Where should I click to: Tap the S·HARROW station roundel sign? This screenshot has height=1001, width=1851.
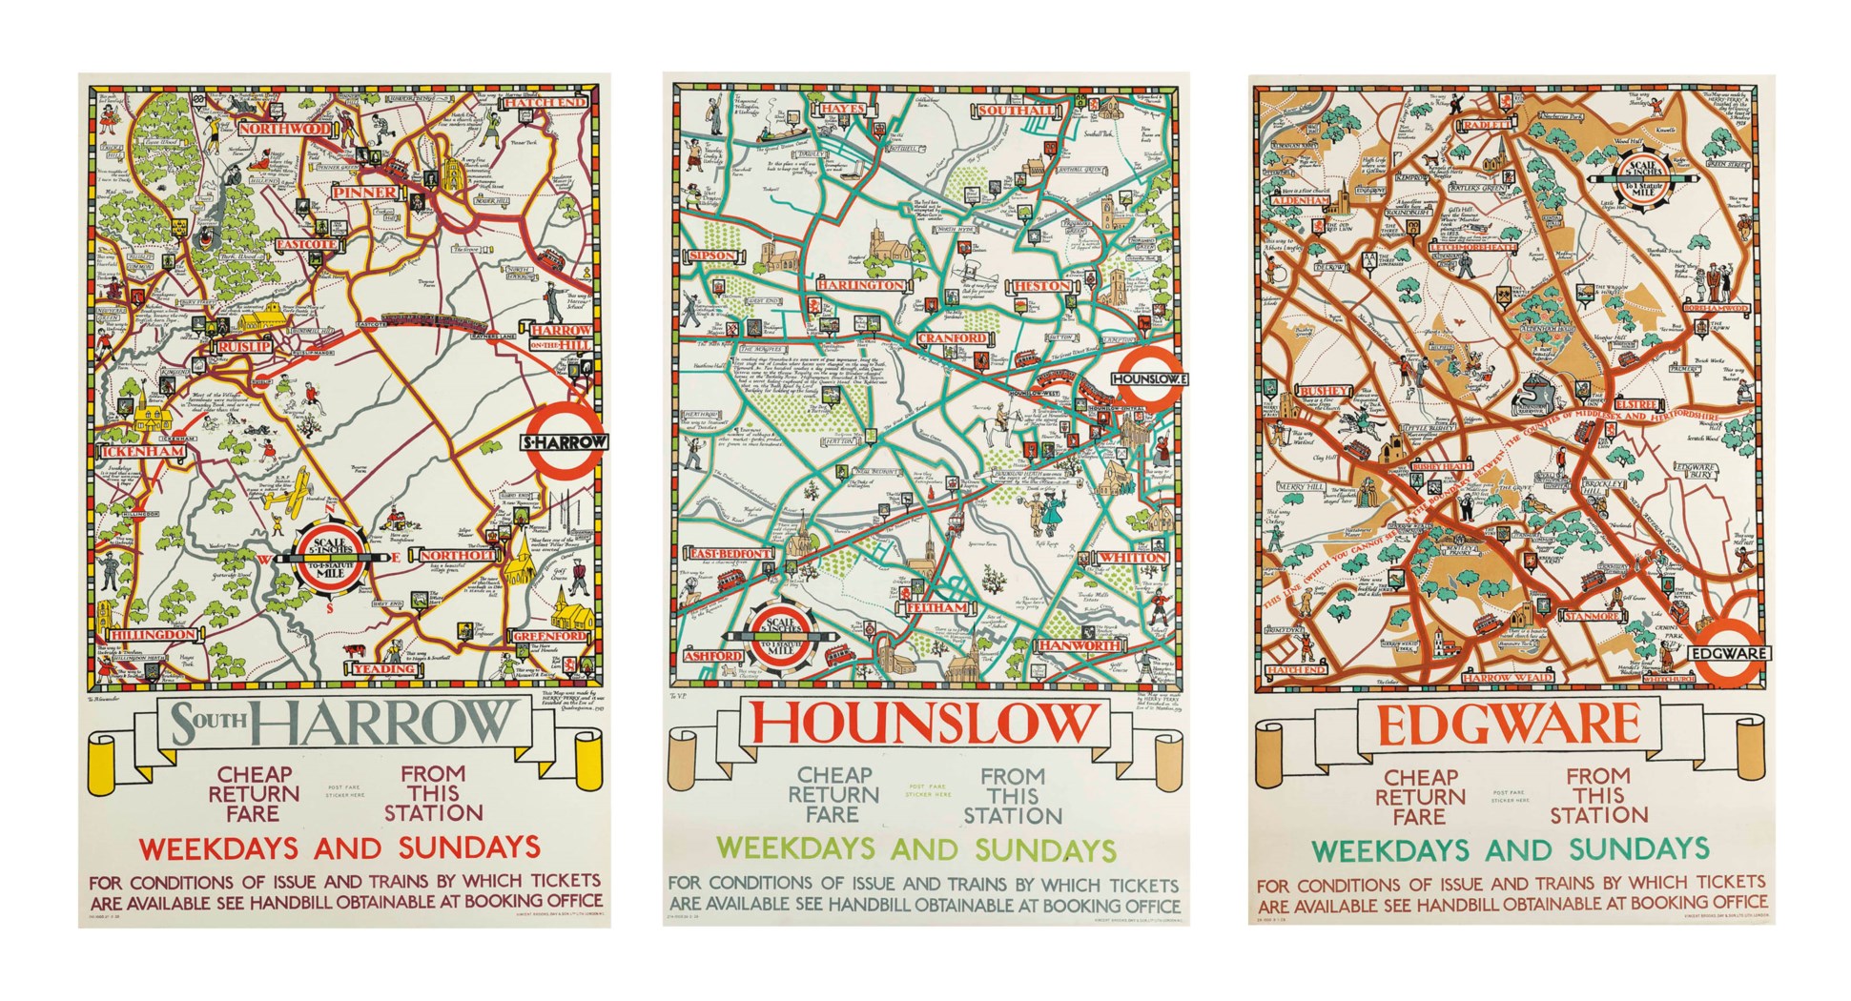point(566,442)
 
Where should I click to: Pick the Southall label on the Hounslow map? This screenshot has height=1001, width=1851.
point(1017,111)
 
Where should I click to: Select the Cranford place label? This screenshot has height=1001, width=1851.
point(953,338)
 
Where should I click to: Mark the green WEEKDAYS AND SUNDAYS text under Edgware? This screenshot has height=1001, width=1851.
point(1511,848)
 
